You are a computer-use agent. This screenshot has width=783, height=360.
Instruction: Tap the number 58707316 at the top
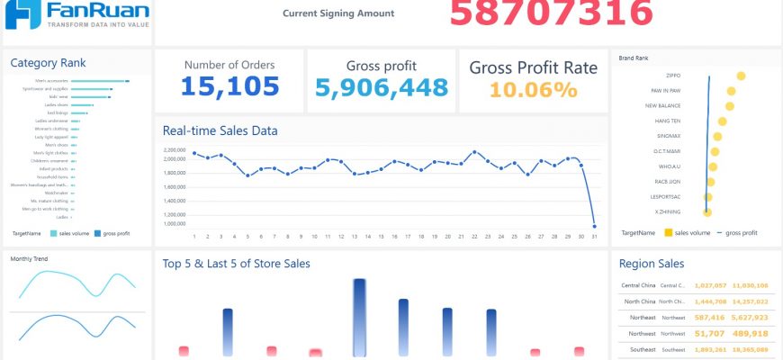coord(551,13)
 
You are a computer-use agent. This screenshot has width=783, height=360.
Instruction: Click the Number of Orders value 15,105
coord(229,86)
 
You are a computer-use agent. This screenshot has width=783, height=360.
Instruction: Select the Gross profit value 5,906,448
coord(382,87)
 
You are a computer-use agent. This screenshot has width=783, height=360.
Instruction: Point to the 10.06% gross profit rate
coord(533,89)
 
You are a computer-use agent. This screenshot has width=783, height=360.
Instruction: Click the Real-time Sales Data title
coord(220,130)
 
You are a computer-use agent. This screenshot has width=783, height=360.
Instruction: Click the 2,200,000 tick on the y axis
coord(174,149)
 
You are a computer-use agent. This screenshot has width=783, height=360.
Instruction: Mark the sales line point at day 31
coord(594,226)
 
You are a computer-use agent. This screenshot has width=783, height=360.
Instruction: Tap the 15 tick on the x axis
coord(381,237)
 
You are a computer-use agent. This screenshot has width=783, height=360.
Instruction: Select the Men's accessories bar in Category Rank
coord(99,82)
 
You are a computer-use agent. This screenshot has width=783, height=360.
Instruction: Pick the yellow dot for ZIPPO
coord(740,76)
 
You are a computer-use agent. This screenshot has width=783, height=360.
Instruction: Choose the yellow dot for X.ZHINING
coord(707,211)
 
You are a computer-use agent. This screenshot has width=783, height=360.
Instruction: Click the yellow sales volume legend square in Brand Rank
coord(669,233)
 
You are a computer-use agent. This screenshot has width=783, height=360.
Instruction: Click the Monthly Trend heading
coord(29,259)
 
